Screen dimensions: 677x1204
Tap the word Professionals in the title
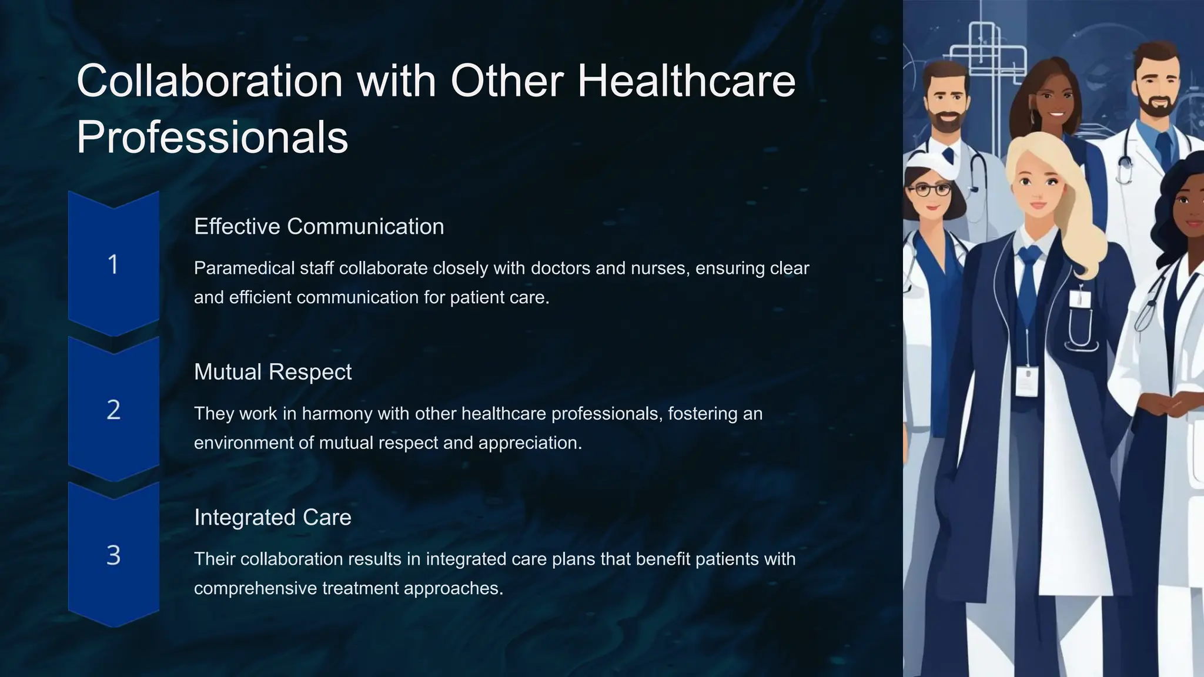(212, 138)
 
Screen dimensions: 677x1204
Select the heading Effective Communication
(319, 227)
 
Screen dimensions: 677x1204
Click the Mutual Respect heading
(273, 372)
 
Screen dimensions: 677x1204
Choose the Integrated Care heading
(273, 518)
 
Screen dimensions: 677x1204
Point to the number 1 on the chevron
(113, 264)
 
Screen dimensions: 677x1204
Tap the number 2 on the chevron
(113, 410)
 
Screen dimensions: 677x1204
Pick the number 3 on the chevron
(113, 555)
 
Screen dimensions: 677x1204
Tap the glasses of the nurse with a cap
(929, 190)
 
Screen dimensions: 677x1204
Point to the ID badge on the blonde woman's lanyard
(1027, 381)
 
